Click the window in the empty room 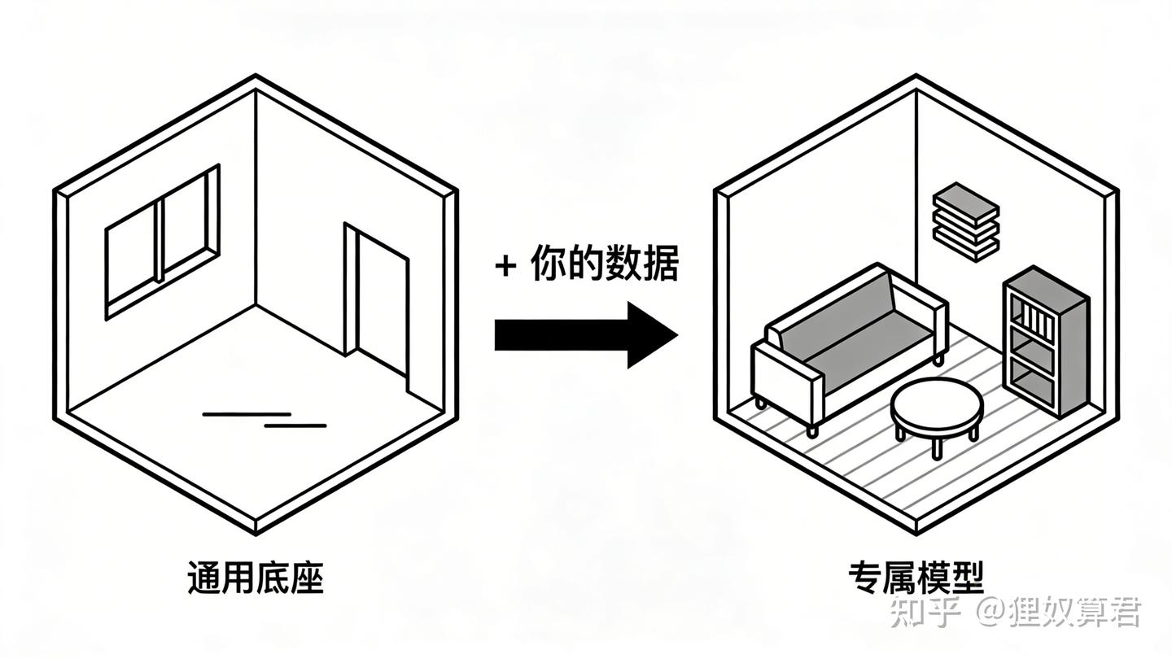click(162, 242)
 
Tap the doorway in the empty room click(376, 306)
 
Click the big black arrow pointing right click(586, 334)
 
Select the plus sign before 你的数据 click(505, 266)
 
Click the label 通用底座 click(256, 578)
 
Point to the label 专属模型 click(916, 578)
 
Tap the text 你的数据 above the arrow click(605, 263)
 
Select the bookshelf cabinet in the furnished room click(1046, 343)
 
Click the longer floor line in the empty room click(247, 414)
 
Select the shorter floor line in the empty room click(295, 426)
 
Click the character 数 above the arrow click(623, 263)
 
